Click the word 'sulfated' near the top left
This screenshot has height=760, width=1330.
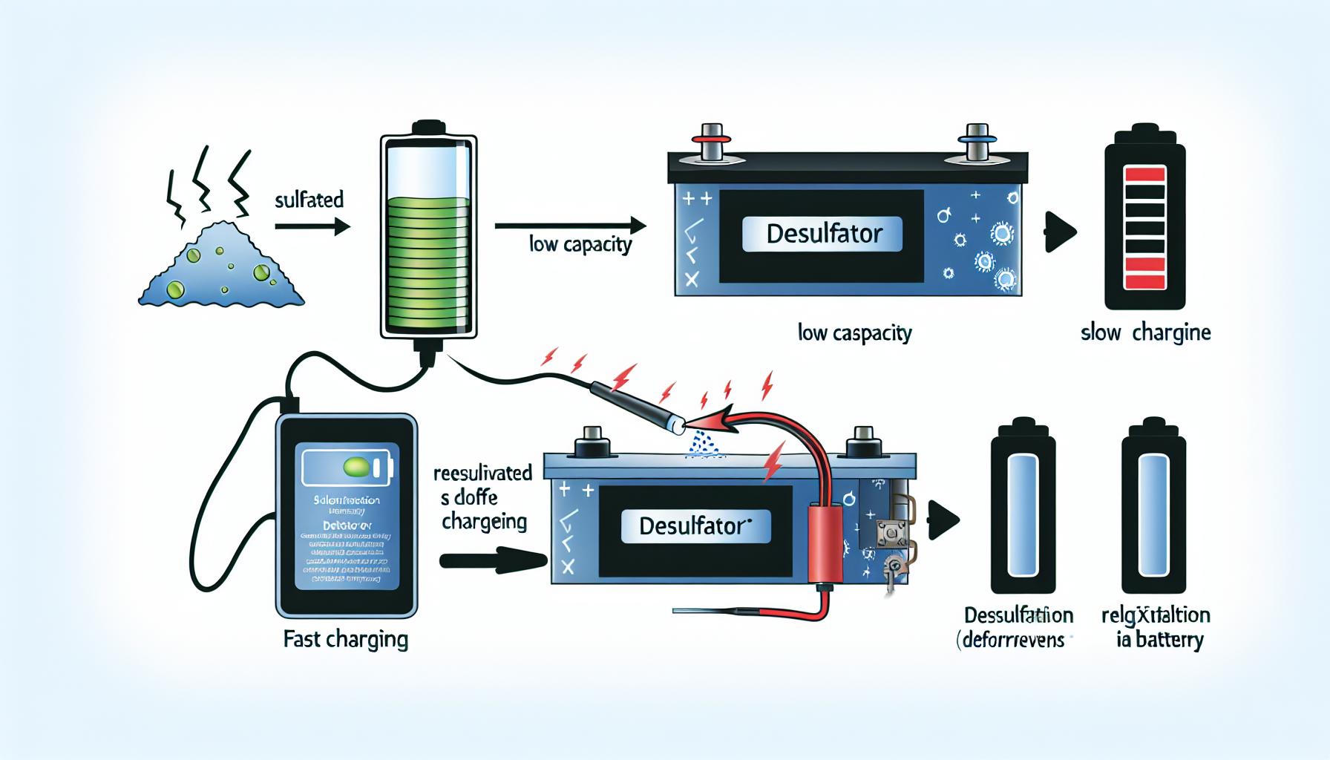(x=309, y=200)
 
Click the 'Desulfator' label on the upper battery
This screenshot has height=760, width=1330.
(x=824, y=234)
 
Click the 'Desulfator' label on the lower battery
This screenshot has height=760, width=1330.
(x=695, y=525)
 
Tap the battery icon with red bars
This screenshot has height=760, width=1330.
(x=1145, y=226)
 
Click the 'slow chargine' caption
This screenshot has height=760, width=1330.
(x=1145, y=332)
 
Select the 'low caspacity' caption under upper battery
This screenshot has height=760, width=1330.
(x=854, y=332)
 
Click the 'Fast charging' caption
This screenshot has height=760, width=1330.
(x=346, y=639)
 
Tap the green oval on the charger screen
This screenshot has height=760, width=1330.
(x=356, y=467)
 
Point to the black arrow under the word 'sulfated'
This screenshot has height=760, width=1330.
(x=312, y=226)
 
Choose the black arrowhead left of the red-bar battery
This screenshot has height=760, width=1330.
(x=1060, y=232)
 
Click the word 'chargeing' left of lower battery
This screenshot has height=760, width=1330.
(x=484, y=522)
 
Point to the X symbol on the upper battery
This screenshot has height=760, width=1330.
(x=692, y=279)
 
